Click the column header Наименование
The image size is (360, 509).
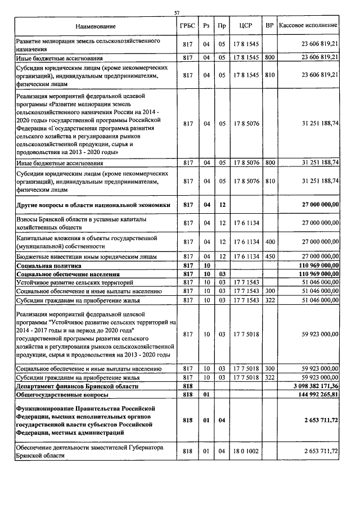(x=94, y=26)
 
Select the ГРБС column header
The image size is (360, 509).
(x=188, y=26)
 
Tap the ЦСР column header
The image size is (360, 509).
(x=245, y=26)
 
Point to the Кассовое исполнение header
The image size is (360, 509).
(x=308, y=26)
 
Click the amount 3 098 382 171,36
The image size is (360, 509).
(x=310, y=387)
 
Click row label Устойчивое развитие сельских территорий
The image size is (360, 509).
(x=74, y=281)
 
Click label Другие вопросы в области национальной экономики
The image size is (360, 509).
(x=93, y=205)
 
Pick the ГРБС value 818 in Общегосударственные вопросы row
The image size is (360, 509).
(x=188, y=395)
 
